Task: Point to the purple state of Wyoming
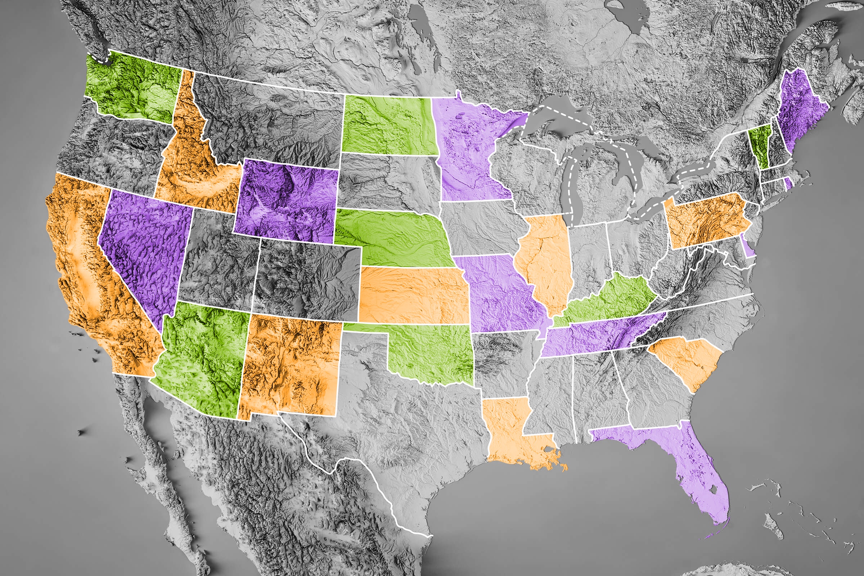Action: coord(287,202)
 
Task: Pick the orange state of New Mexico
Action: coord(290,367)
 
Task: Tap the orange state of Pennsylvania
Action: coord(705,220)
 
